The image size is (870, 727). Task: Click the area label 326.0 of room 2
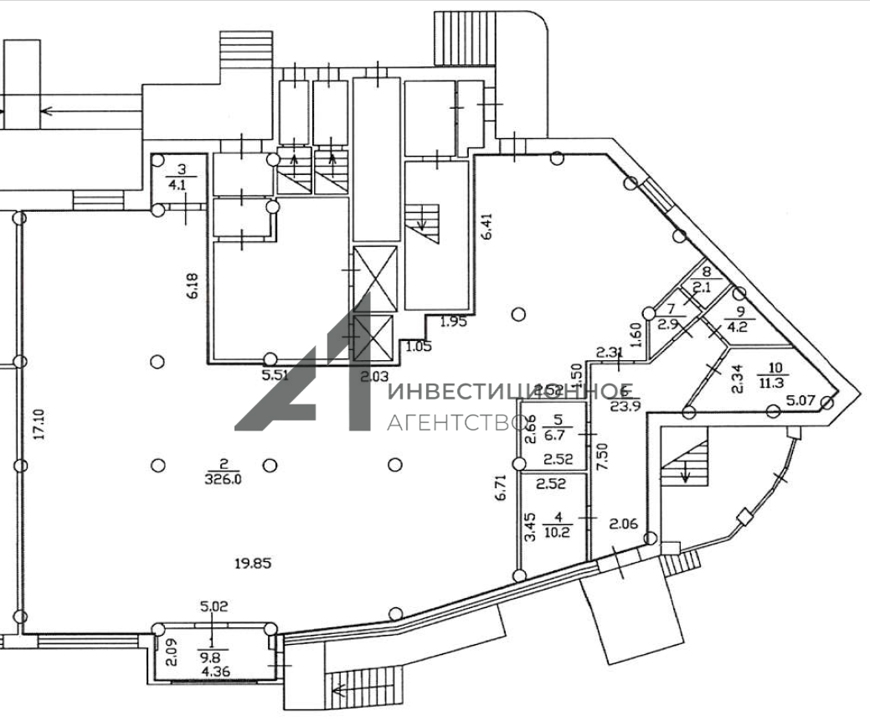223,478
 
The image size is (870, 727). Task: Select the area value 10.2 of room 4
555,529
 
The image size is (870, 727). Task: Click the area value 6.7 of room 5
554,434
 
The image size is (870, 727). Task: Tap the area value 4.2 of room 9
739,327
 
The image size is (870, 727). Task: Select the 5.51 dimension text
275,375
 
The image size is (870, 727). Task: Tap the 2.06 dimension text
624,524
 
